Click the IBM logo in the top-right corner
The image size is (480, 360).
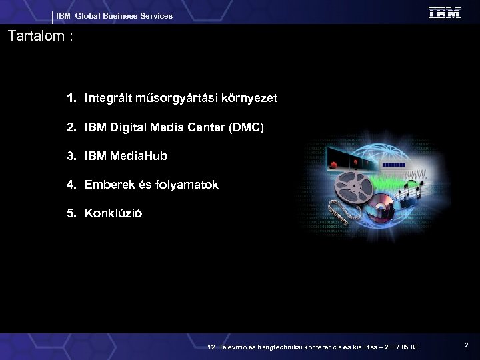tap(444, 13)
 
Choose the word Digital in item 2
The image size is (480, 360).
tap(127, 127)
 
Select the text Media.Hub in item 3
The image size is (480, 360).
tap(140, 157)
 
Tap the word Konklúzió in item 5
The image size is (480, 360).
tap(113, 214)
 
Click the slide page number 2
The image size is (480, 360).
tap(467, 345)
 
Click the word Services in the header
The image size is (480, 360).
tap(155, 15)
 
